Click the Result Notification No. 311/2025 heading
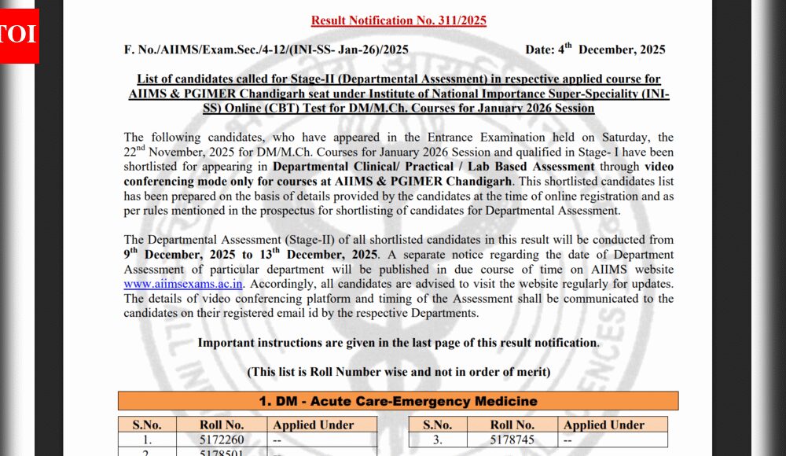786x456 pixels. pyautogui.click(x=399, y=20)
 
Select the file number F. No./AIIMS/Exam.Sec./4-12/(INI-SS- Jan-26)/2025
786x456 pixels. pyautogui.click(x=266, y=50)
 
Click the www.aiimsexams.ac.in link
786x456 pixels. pyautogui.click(x=183, y=284)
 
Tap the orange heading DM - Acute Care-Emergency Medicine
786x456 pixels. pyautogui.click(x=398, y=401)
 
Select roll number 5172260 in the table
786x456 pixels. pyautogui.click(x=222, y=440)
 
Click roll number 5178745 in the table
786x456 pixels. pyautogui.click(x=512, y=440)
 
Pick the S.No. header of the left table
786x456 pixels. pyautogui.click(x=147, y=425)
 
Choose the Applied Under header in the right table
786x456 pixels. pyautogui.click(x=604, y=425)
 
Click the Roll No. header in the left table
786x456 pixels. pyautogui.click(x=222, y=425)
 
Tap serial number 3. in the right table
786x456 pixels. pyautogui.click(x=438, y=440)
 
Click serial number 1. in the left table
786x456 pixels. pyautogui.click(x=147, y=440)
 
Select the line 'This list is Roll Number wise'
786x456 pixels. pyautogui.click(x=398, y=371)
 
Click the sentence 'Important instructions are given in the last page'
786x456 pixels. pyautogui.click(x=398, y=343)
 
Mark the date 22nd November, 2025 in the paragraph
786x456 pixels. pyautogui.click(x=189, y=152)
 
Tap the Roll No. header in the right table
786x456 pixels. pyautogui.click(x=512, y=425)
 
